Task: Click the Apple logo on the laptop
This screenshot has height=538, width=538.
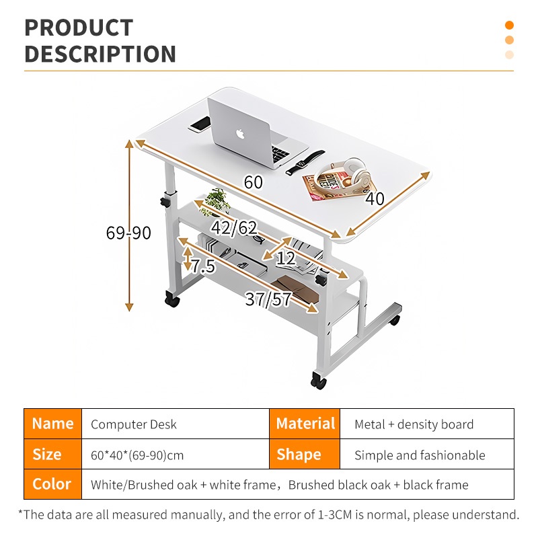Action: click(240, 132)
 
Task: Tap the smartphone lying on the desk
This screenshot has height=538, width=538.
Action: click(200, 124)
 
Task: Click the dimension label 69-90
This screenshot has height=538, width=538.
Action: click(128, 233)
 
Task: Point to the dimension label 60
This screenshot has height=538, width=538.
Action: click(253, 182)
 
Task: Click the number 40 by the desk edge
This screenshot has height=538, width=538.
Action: click(375, 198)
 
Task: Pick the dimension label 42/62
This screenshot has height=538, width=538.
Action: click(233, 228)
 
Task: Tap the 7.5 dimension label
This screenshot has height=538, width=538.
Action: click(202, 266)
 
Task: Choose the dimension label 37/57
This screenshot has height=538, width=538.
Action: click(268, 299)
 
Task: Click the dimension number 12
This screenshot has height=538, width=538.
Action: click(286, 258)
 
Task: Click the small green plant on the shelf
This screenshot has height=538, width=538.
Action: click(218, 200)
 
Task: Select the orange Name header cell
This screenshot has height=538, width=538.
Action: click(52, 424)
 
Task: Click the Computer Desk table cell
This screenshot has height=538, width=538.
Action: click(134, 424)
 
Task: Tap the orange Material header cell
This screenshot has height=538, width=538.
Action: click(305, 424)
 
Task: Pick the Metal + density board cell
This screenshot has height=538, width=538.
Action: click(414, 424)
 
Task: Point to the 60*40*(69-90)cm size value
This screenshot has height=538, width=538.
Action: click(137, 455)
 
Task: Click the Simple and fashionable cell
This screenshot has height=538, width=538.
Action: click(420, 455)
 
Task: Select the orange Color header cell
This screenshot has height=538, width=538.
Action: click(52, 484)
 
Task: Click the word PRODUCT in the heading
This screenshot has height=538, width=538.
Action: click(79, 28)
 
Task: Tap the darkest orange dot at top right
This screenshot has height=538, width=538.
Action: click(509, 26)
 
